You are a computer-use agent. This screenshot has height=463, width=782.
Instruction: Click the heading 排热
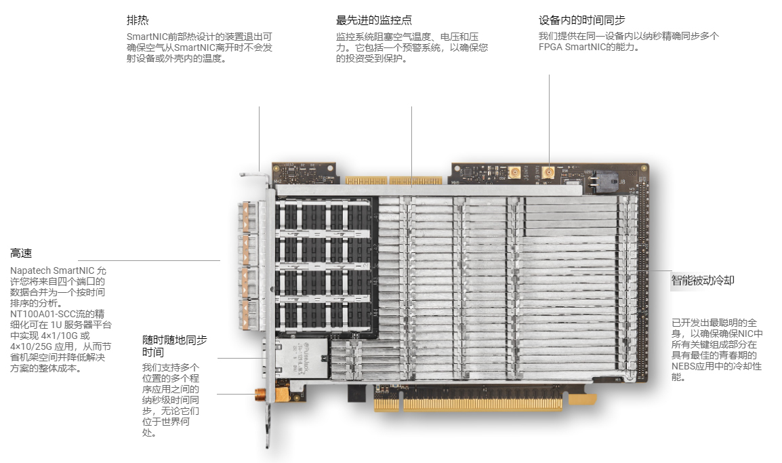(137, 20)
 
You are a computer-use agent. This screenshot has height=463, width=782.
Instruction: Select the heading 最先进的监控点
(373, 20)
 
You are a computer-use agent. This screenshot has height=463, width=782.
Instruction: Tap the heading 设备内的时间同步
(581, 20)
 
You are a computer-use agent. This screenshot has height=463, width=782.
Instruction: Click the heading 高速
(21, 253)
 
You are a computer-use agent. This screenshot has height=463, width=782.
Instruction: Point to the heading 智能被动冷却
(703, 281)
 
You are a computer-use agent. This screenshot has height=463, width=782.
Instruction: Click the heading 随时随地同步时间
(174, 346)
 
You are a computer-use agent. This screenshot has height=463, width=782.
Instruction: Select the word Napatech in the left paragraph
(30, 270)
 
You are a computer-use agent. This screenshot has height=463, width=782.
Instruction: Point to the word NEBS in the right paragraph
(683, 366)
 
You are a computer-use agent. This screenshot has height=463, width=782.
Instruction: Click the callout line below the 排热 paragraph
(259, 139)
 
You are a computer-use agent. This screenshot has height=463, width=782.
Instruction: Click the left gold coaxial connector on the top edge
(514, 173)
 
